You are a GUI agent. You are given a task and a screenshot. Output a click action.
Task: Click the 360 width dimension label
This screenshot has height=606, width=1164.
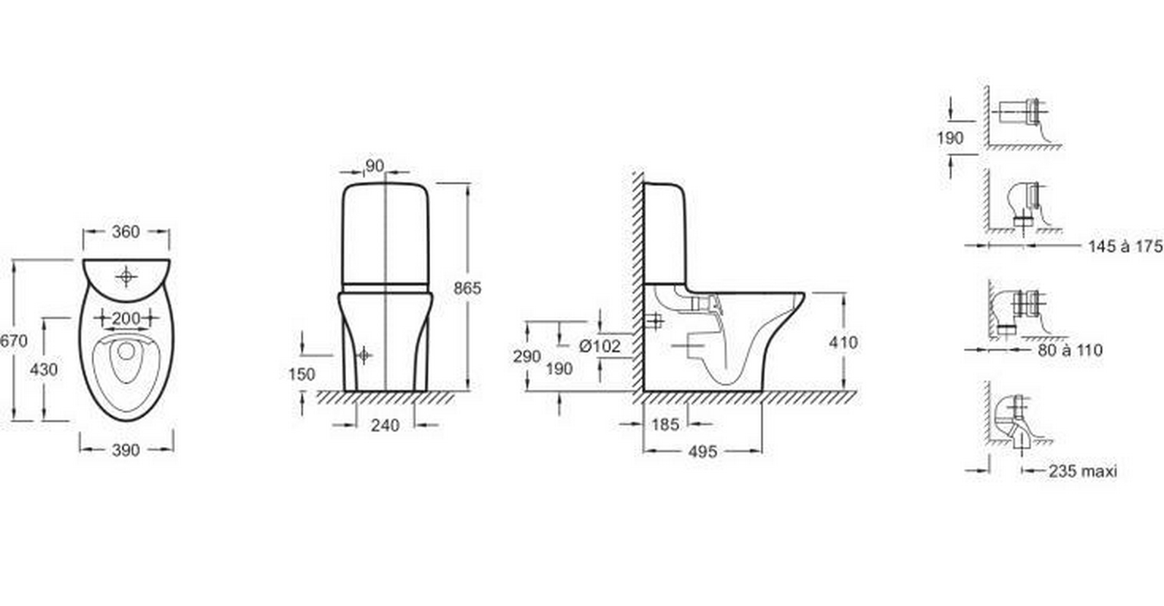click(x=126, y=232)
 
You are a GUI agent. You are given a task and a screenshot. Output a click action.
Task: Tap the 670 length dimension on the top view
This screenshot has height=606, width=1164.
click(x=13, y=341)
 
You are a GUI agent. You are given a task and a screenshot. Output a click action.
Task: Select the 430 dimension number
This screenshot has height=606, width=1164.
click(x=44, y=370)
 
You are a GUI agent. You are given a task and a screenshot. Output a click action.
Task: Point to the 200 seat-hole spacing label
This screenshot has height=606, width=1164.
click(x=126, y=318)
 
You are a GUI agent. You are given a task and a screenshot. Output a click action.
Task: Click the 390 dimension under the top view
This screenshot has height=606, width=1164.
click(x=126, y=449)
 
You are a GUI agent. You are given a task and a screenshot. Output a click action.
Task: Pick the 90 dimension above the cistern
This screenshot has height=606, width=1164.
click(x=374, y=166)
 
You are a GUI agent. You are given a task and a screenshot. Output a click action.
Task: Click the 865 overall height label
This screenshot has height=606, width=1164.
click(x=467, y=288)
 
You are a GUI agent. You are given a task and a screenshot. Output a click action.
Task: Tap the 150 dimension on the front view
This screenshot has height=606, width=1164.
click(x=301, y=374)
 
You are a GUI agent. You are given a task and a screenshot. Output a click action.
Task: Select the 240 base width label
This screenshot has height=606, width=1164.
click(x=385, y=425)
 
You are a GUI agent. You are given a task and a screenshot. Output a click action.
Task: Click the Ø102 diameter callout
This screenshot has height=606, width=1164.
click(x=600, y=345)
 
